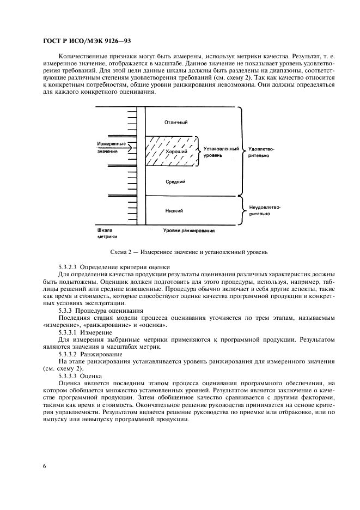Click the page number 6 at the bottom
pos(43,466)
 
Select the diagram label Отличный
pos(175,122)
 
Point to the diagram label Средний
pos(175,182)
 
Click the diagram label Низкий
pos(174,210)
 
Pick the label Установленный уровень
pos(217,151)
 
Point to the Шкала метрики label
pos(107,233)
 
